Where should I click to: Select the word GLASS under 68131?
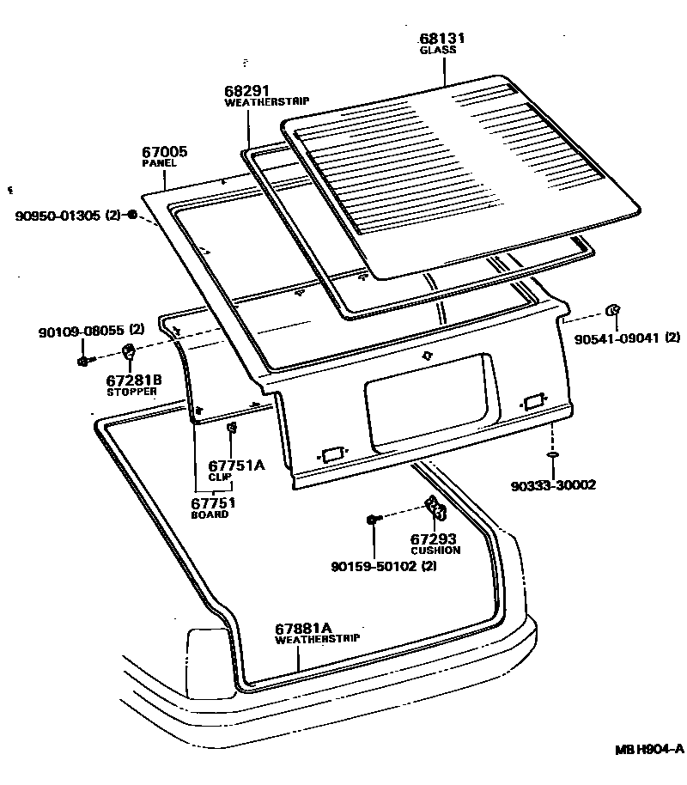437,51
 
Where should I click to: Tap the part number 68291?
247,90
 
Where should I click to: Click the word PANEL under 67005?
159,163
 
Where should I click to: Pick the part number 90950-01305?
58,215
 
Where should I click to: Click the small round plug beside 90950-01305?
131,214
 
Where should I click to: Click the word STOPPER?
131,392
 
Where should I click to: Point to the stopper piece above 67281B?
129,352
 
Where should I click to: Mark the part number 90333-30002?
553,485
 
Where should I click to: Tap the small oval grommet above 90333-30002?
553,453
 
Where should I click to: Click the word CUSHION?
435,550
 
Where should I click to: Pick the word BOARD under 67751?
210,514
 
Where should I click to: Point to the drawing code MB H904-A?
648,749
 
